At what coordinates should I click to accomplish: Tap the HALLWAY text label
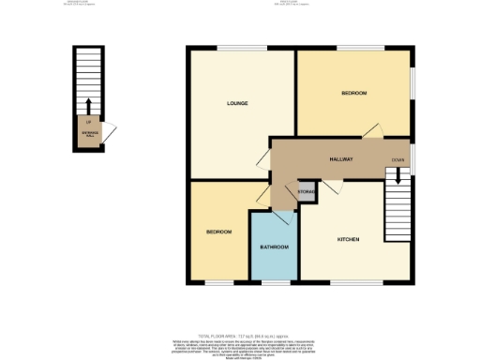pos(340,159)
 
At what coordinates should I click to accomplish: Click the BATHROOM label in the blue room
pos(274,247)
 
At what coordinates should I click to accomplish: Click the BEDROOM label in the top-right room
pos(353,93)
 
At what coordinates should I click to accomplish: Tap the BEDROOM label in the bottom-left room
pos(218,231)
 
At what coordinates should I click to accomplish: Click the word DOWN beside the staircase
pos(398,160)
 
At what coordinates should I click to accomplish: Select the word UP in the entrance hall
pos(88,121)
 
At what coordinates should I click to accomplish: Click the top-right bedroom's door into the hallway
pos(373,131)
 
